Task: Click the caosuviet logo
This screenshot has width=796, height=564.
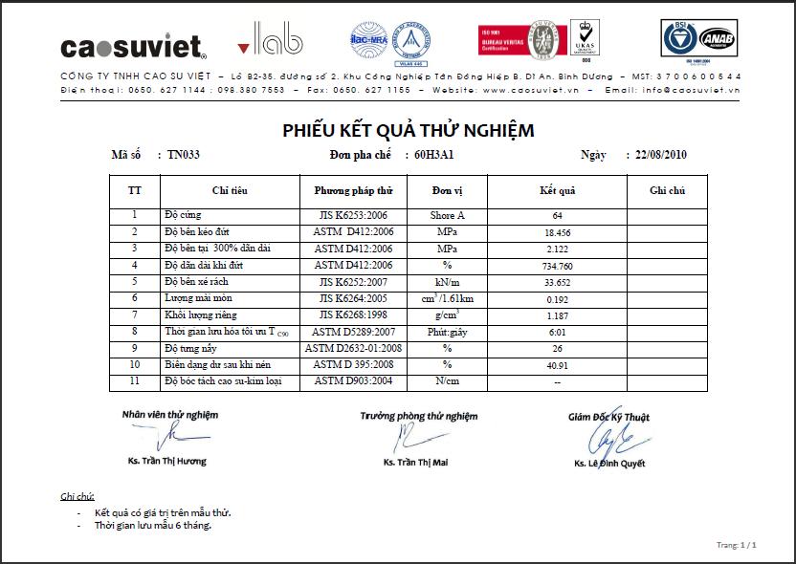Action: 133,46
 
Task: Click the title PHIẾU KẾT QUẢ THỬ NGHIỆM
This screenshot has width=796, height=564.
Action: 408,130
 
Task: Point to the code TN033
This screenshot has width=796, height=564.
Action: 183,154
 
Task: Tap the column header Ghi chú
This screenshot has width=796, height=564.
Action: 667,190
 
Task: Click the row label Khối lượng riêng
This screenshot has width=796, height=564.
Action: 200,315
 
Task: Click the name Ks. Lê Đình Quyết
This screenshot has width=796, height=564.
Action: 609,464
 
